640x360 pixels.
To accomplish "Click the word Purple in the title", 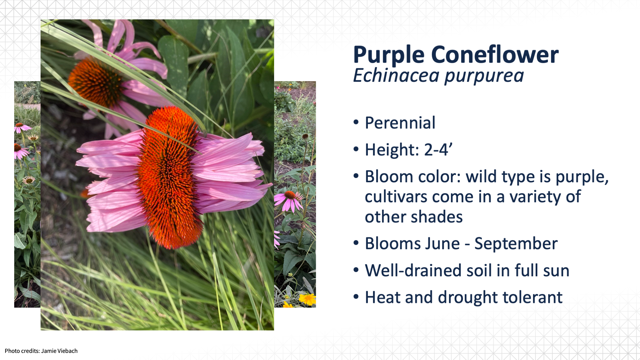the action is [x=389, y=55].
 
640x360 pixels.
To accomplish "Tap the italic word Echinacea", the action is [x=396, y=75].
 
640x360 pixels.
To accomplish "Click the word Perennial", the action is [x=400, y=123].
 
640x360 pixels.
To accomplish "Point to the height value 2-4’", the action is [x=438, y=150].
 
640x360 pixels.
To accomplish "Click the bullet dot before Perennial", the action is [x=356, y=122].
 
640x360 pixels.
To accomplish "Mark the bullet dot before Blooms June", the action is [x=356, y=243].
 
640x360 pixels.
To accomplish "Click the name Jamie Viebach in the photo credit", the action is [x=59, y=351].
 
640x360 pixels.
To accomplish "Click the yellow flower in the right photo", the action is [x=308, y=299].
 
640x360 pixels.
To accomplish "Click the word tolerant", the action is [x=532, y=297].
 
